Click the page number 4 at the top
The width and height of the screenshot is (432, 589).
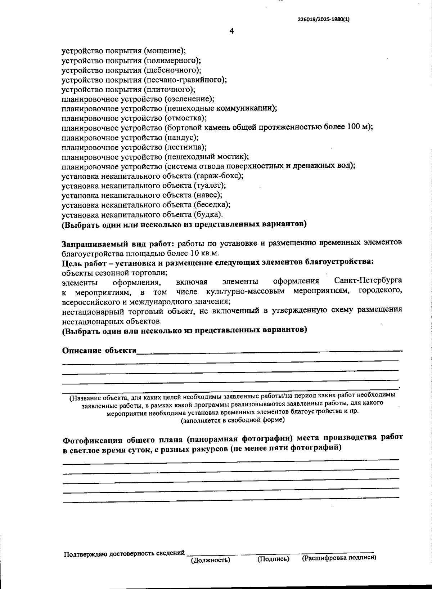tap(232, 31)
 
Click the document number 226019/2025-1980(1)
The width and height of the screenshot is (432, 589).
tap(324, 20)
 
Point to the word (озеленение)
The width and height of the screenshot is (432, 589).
tap(189, 99)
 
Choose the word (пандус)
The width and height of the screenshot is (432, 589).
tap(181, 137)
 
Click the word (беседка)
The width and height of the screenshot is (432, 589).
tap(212, 205)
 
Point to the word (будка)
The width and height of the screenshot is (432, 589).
tap(208, 214)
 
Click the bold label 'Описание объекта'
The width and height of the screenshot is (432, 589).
tap(99, 351)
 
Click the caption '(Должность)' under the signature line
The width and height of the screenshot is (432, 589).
tap(210, 560)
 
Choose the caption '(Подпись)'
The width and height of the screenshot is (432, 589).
tap(273, 559)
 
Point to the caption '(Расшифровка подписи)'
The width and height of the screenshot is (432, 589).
tap(339, 558)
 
